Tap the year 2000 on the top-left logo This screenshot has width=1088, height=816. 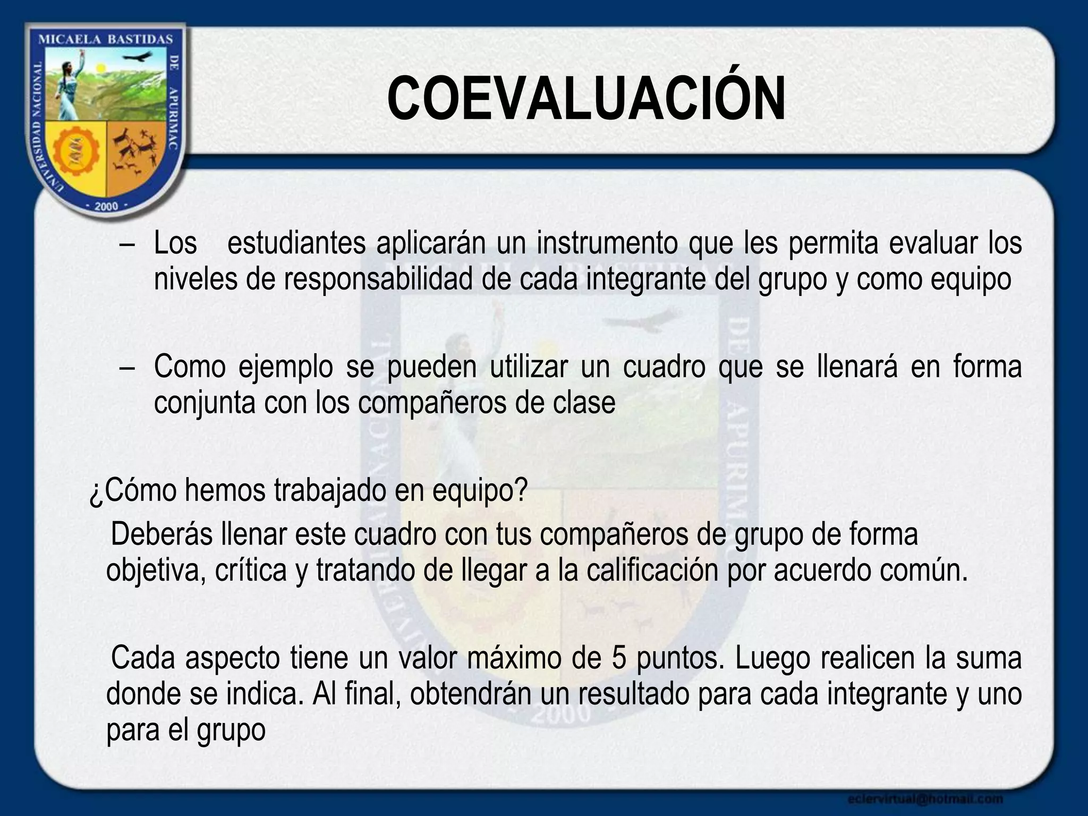tap(106, 206)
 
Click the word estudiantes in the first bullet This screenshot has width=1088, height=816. tap(296, 243)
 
